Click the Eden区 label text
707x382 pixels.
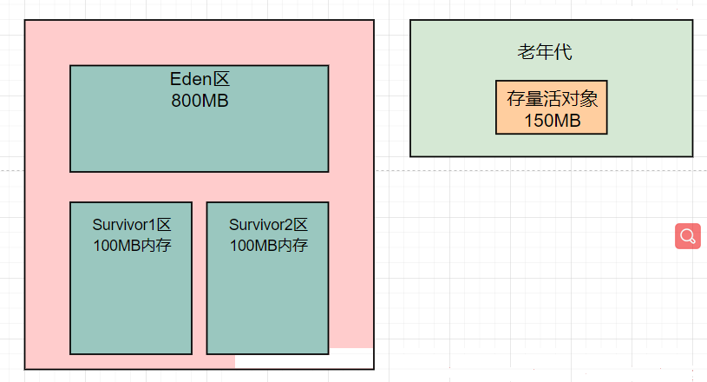200,79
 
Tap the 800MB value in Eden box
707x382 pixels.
200,101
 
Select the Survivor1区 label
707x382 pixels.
132,225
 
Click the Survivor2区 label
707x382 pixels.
268,225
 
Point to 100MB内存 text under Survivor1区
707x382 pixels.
132,246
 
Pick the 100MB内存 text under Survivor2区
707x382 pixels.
268,246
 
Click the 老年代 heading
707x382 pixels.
545,52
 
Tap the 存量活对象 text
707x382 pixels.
553,99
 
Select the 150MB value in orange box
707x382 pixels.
553,121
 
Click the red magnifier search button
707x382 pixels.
688,236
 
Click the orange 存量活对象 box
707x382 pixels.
552,108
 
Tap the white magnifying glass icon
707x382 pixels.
688,236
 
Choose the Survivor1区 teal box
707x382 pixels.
131,279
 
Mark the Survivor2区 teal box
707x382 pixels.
267,279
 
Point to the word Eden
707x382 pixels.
191,79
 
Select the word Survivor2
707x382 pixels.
260,225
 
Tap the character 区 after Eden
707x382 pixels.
221,79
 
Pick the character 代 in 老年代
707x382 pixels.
564,52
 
